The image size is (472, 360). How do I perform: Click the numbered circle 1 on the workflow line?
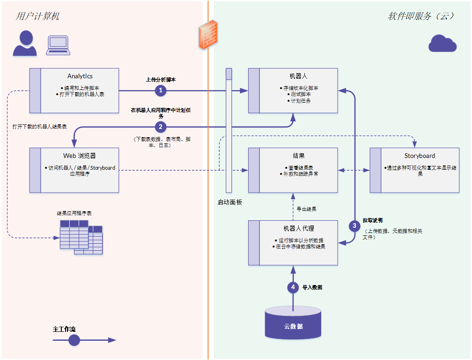click(161, 90)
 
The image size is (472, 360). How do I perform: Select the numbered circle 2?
click(161, 127)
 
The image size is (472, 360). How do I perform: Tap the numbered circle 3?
click(354, 225)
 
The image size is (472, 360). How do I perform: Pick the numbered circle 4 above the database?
click(293, 287)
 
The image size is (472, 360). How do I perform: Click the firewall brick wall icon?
click(208, 35)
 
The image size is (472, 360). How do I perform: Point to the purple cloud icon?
click(442, 44)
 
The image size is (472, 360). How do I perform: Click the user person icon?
click(25, 44)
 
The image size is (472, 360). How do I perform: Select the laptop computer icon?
click(58, 45)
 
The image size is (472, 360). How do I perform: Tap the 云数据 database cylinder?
click(293, 322)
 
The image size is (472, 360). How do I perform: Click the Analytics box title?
click(80, 76)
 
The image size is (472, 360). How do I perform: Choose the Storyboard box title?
click(420, 156)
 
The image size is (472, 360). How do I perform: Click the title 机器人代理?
click(299, 228)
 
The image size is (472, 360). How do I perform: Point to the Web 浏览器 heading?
click(80, 156)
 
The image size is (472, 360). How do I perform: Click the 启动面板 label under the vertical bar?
click(229, 202)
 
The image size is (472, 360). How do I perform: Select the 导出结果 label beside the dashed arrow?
click(306, 209)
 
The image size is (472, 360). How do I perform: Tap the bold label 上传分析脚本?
click(161, 80)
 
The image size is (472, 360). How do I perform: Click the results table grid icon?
click(81, 237)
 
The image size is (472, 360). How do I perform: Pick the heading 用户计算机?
click(37, 16)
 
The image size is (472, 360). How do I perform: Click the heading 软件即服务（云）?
click(421, 16)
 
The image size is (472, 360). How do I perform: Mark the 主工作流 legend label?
click(64, 329)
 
